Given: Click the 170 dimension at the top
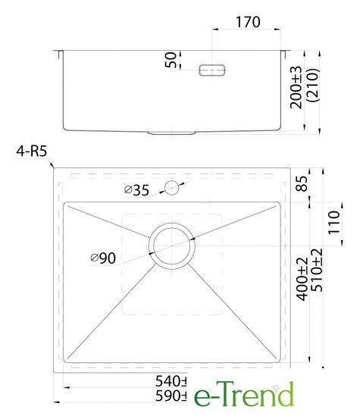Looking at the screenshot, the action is [x=248, y=22].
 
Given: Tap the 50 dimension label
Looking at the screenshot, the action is [x=171, y=60].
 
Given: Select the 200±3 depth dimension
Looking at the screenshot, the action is [x=296, y=87].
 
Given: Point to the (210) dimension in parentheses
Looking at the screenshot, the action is [x=313, y=85].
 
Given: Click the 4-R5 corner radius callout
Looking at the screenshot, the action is [x=31, y=152].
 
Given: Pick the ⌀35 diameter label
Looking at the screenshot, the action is [x=136, y=190].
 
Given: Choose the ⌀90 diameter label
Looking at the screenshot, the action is [x=103, y=258].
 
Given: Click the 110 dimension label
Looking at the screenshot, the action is [x=333, y=223].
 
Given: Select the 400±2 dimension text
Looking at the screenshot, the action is [x=302, y=279].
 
